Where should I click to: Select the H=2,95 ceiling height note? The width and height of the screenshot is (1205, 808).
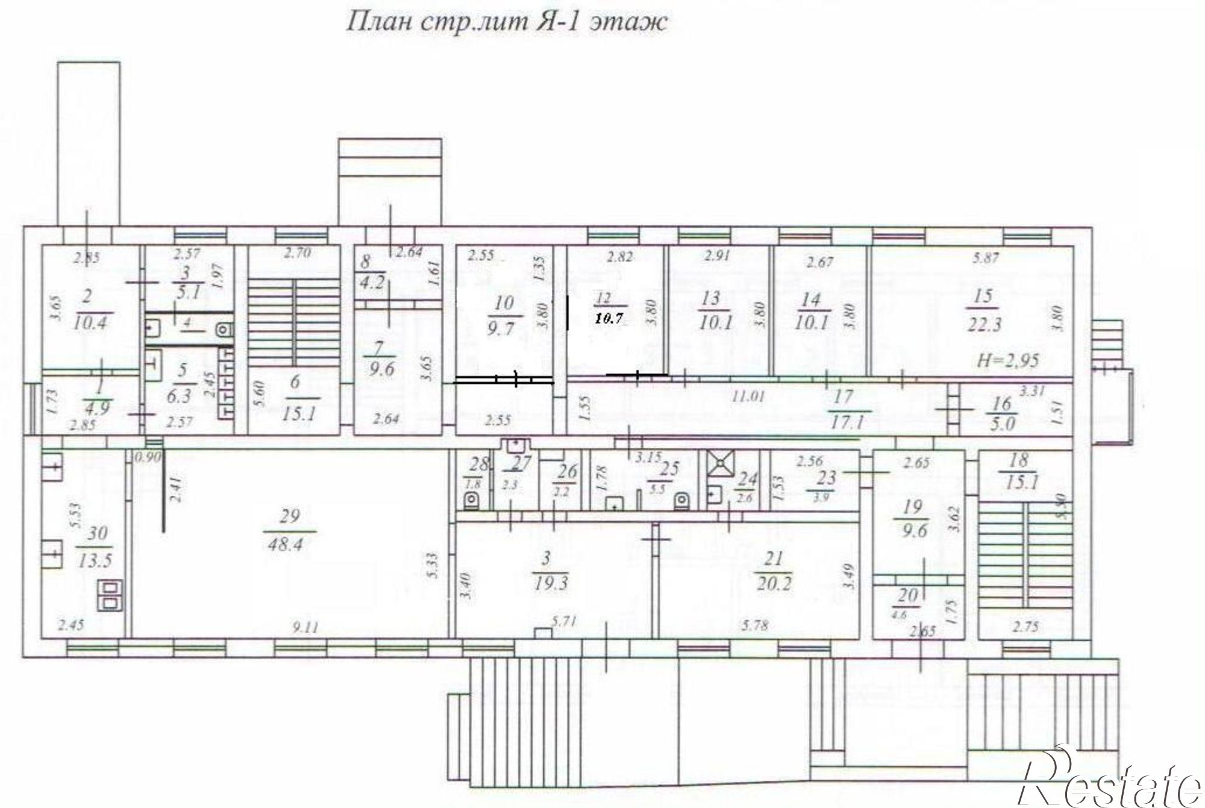(x=1008, y=361)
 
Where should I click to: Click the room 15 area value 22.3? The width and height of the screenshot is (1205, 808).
(x=984, y=325)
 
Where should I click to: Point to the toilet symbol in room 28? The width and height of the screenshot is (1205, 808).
(x=472, y=500)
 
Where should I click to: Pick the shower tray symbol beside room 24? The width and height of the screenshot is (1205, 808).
(x=719, y=464)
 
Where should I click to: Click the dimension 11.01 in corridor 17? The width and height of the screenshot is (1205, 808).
(x=748, y=397)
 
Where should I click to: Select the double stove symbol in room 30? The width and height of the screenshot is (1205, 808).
(x=110, y=595)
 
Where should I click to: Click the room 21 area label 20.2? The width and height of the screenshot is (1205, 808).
(x=774, y=583)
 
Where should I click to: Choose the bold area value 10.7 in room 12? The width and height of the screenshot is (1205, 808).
(x=609, y=319)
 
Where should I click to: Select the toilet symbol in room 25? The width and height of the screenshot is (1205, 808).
(x=682, y=500)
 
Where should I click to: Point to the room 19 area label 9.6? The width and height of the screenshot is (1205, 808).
(x=912, y=531)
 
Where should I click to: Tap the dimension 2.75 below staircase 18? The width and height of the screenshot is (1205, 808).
(x=1025, y=627)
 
